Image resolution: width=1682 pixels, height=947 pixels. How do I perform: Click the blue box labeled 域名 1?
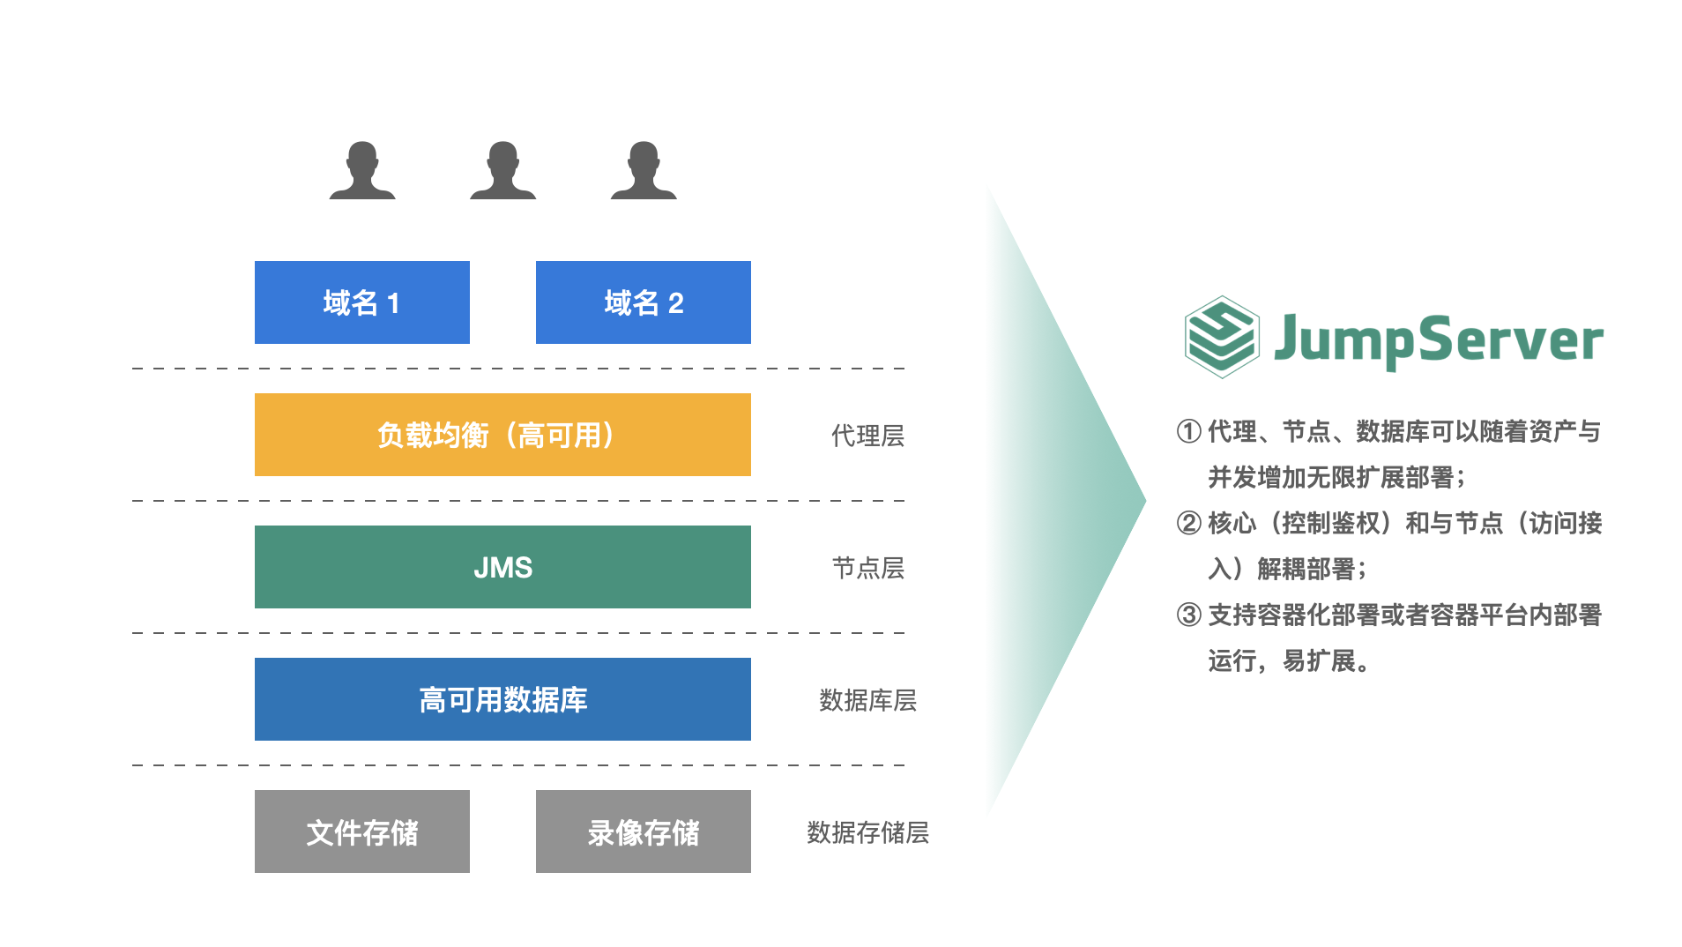(x=361, y=302)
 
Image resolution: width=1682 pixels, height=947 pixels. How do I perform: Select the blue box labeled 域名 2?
(x=643, y=302)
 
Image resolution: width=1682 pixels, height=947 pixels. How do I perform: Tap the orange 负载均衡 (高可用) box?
(x=502, y=435)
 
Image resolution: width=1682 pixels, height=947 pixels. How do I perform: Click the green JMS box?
(x=502, y=567)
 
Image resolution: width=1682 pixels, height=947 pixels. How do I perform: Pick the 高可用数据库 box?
(x=502, y=699)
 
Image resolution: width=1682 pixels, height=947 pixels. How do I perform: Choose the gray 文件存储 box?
(x=361, y=831)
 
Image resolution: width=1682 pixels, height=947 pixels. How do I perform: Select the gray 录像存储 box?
(x=643, y=831)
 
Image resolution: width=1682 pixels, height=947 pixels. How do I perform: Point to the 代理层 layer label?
(x=867, y=436)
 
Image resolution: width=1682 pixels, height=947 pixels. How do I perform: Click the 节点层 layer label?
(x=867, y=568)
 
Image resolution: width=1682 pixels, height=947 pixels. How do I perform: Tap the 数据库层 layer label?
(x=867, y=700)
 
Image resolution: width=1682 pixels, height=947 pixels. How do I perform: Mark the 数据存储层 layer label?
(x=867, y=832)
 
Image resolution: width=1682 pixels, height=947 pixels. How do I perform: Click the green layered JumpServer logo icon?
(x=1221, y=338)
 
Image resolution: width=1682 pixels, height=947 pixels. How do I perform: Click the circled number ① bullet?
(x=1188, y=431)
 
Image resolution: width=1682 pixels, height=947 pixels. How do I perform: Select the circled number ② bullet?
(x=1188, y=523)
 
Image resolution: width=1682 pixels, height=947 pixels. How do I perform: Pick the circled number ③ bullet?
(x=1188, y=615)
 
